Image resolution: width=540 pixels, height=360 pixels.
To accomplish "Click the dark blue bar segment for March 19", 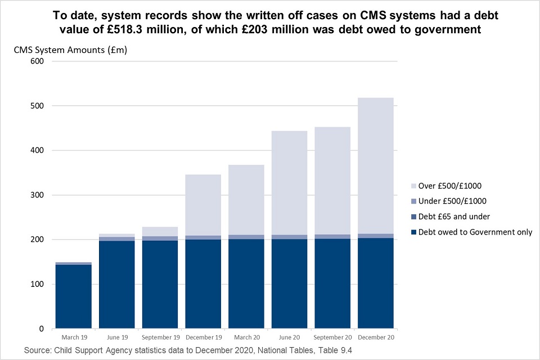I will (x=73, y=296).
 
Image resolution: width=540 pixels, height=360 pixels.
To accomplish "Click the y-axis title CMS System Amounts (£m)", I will (x=70, y=50).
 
